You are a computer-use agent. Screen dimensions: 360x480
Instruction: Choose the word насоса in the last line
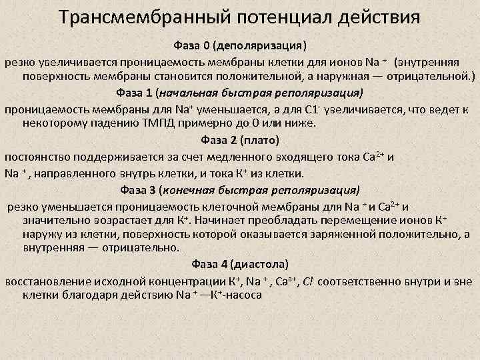coord(243,295)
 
